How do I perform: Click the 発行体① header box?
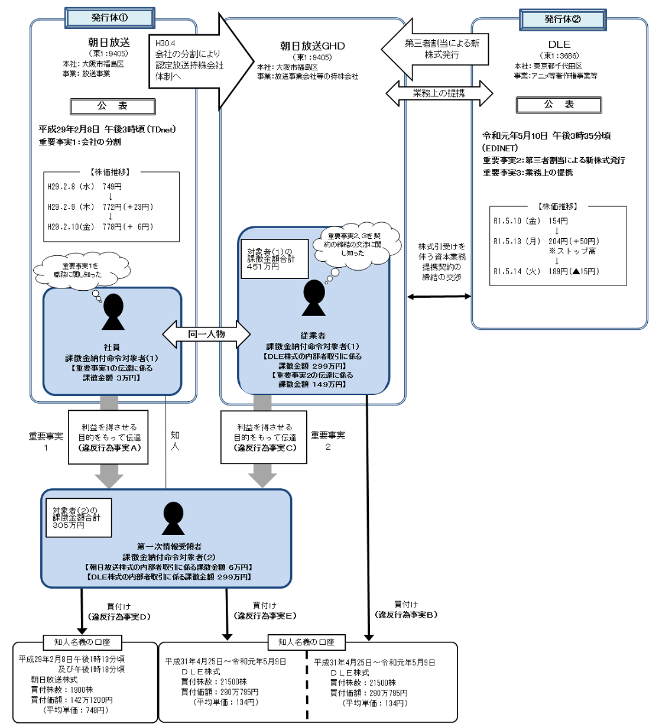pos(110,18)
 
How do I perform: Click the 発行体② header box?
pos(563,19)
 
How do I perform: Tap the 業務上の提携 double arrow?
pos(439,93)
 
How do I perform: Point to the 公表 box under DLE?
pos(559,105)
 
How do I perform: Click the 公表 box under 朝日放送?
pos(112,106)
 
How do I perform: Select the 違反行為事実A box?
pos(109,437)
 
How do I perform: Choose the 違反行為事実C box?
pos(264,437)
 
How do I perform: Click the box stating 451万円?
pos(273,259)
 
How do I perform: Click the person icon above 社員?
pos(113,311)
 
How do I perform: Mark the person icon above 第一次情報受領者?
pos(173,518)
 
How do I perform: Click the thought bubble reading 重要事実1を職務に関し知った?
pos(82,271)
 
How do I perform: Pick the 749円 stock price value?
pos(112,187)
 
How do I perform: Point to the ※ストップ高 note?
pos(572,251)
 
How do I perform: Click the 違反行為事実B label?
pos(406,615)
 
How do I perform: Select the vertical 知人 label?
pos(175,440)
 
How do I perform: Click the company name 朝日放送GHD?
pos(312,46)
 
